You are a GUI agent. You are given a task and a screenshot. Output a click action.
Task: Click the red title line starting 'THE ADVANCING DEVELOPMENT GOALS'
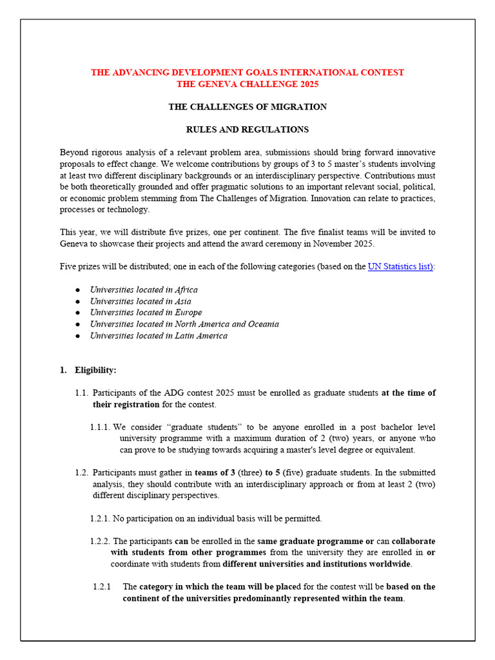(247, 72)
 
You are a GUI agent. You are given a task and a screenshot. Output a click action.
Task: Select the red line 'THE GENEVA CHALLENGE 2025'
(247, 84)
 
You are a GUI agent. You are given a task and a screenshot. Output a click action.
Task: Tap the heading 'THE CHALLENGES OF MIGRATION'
(247, 106)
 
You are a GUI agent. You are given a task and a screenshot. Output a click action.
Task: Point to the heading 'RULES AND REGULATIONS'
(247, 130)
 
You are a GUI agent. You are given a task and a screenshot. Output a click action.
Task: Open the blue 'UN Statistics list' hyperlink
(400, 266)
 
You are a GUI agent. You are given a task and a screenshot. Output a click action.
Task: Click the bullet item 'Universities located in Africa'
(144, 289)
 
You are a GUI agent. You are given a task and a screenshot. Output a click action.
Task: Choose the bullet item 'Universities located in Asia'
(141, 301)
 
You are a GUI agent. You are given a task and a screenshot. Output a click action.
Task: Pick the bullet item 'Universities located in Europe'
(146, 313)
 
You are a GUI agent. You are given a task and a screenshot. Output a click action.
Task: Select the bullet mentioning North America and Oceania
(184, 324)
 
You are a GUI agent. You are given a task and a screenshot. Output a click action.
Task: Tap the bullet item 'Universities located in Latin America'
(159, 336)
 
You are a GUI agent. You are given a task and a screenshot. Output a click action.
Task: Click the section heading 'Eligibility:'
(95, 370)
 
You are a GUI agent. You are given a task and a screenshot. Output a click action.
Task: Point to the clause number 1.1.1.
(101, 427)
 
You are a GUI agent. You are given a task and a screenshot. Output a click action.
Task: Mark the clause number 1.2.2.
(100, 541)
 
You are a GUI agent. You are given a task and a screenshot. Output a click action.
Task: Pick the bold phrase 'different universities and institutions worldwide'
(316, 565)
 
